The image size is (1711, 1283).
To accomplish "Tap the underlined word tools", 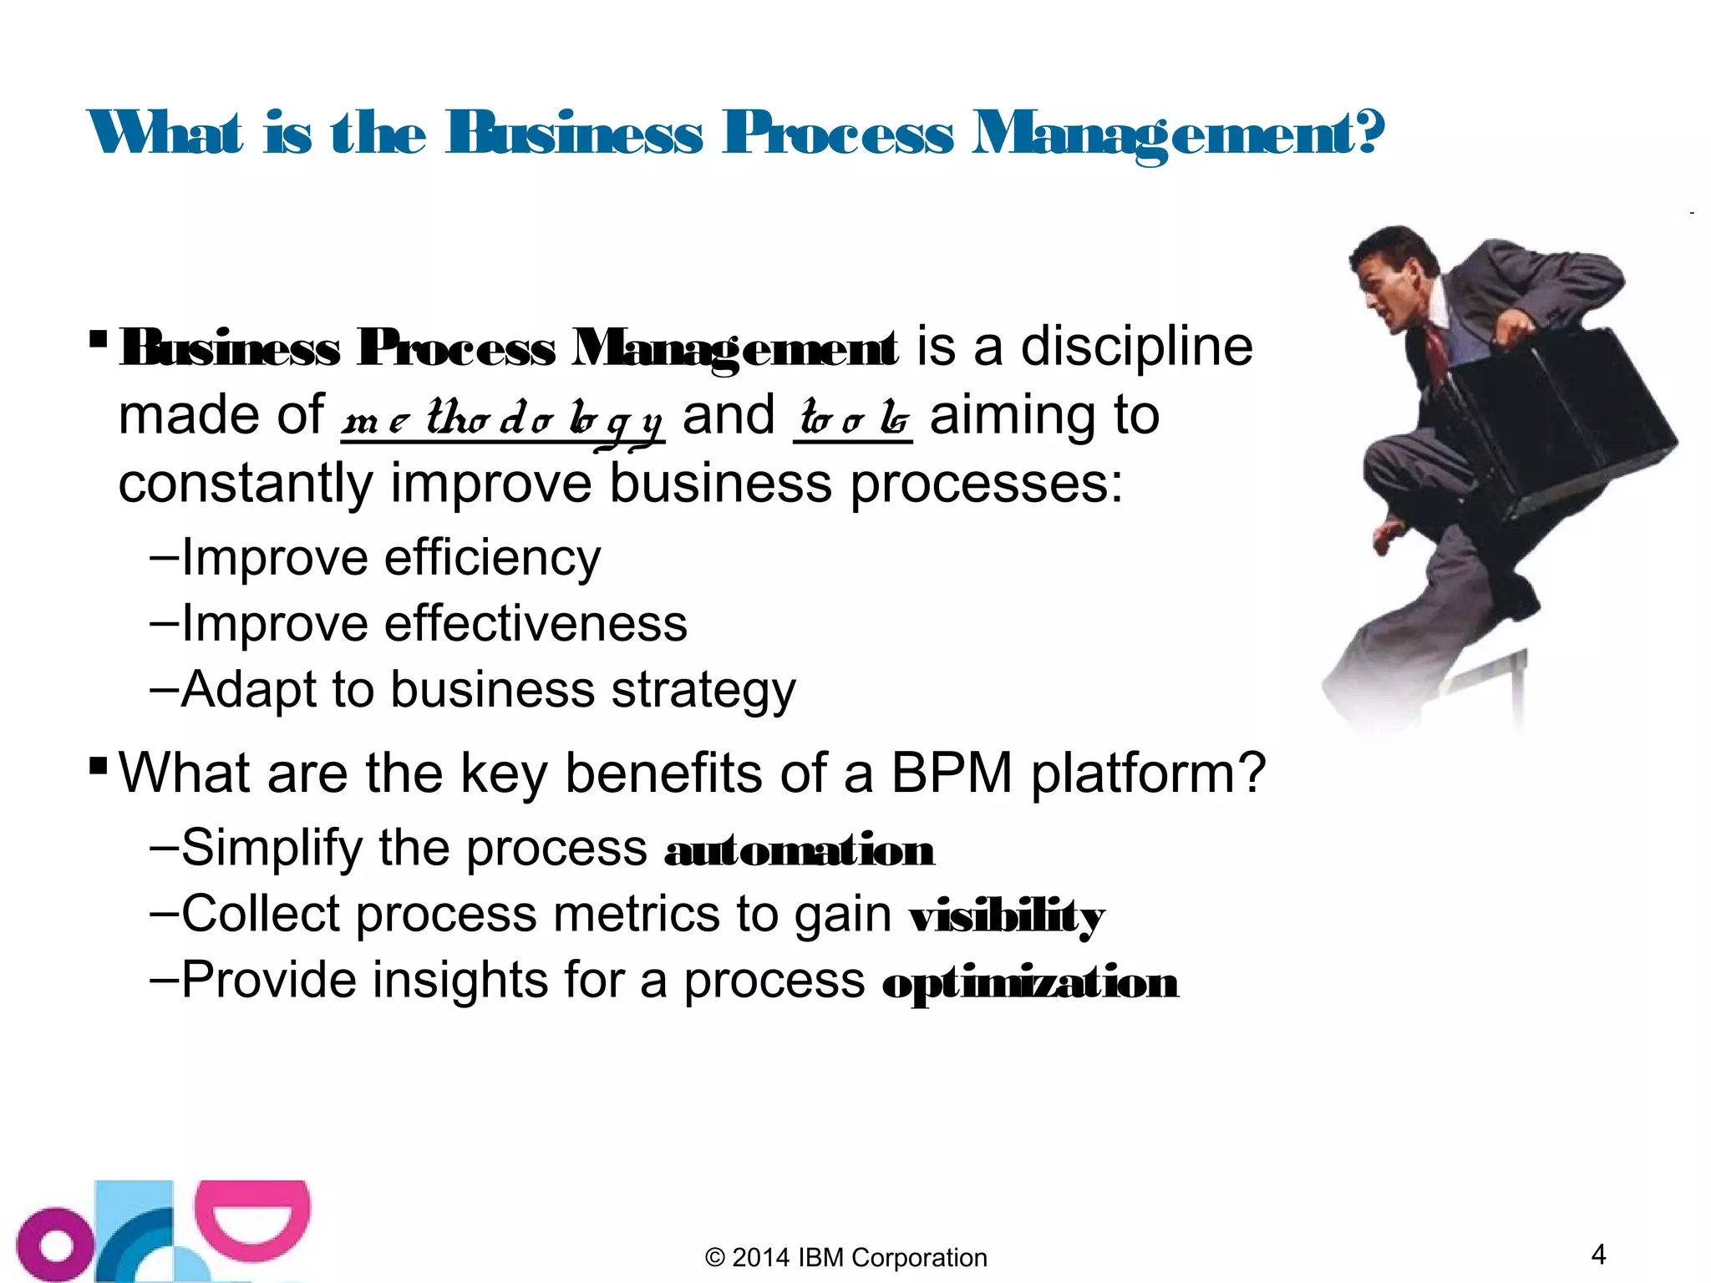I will click(852, 418).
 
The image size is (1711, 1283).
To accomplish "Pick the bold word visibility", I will click(1007, 918).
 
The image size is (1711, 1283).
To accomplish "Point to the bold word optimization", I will click(1030, 983).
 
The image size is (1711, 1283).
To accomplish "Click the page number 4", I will click(1598, 1255).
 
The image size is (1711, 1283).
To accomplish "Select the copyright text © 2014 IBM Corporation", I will click(845, 1258).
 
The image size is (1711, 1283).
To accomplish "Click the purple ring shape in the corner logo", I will click(55, 1245).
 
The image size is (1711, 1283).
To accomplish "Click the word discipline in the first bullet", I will click(1136, 347).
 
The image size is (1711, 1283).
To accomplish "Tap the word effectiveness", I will click(535, 624).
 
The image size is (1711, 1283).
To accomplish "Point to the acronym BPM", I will click(952, 773).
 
